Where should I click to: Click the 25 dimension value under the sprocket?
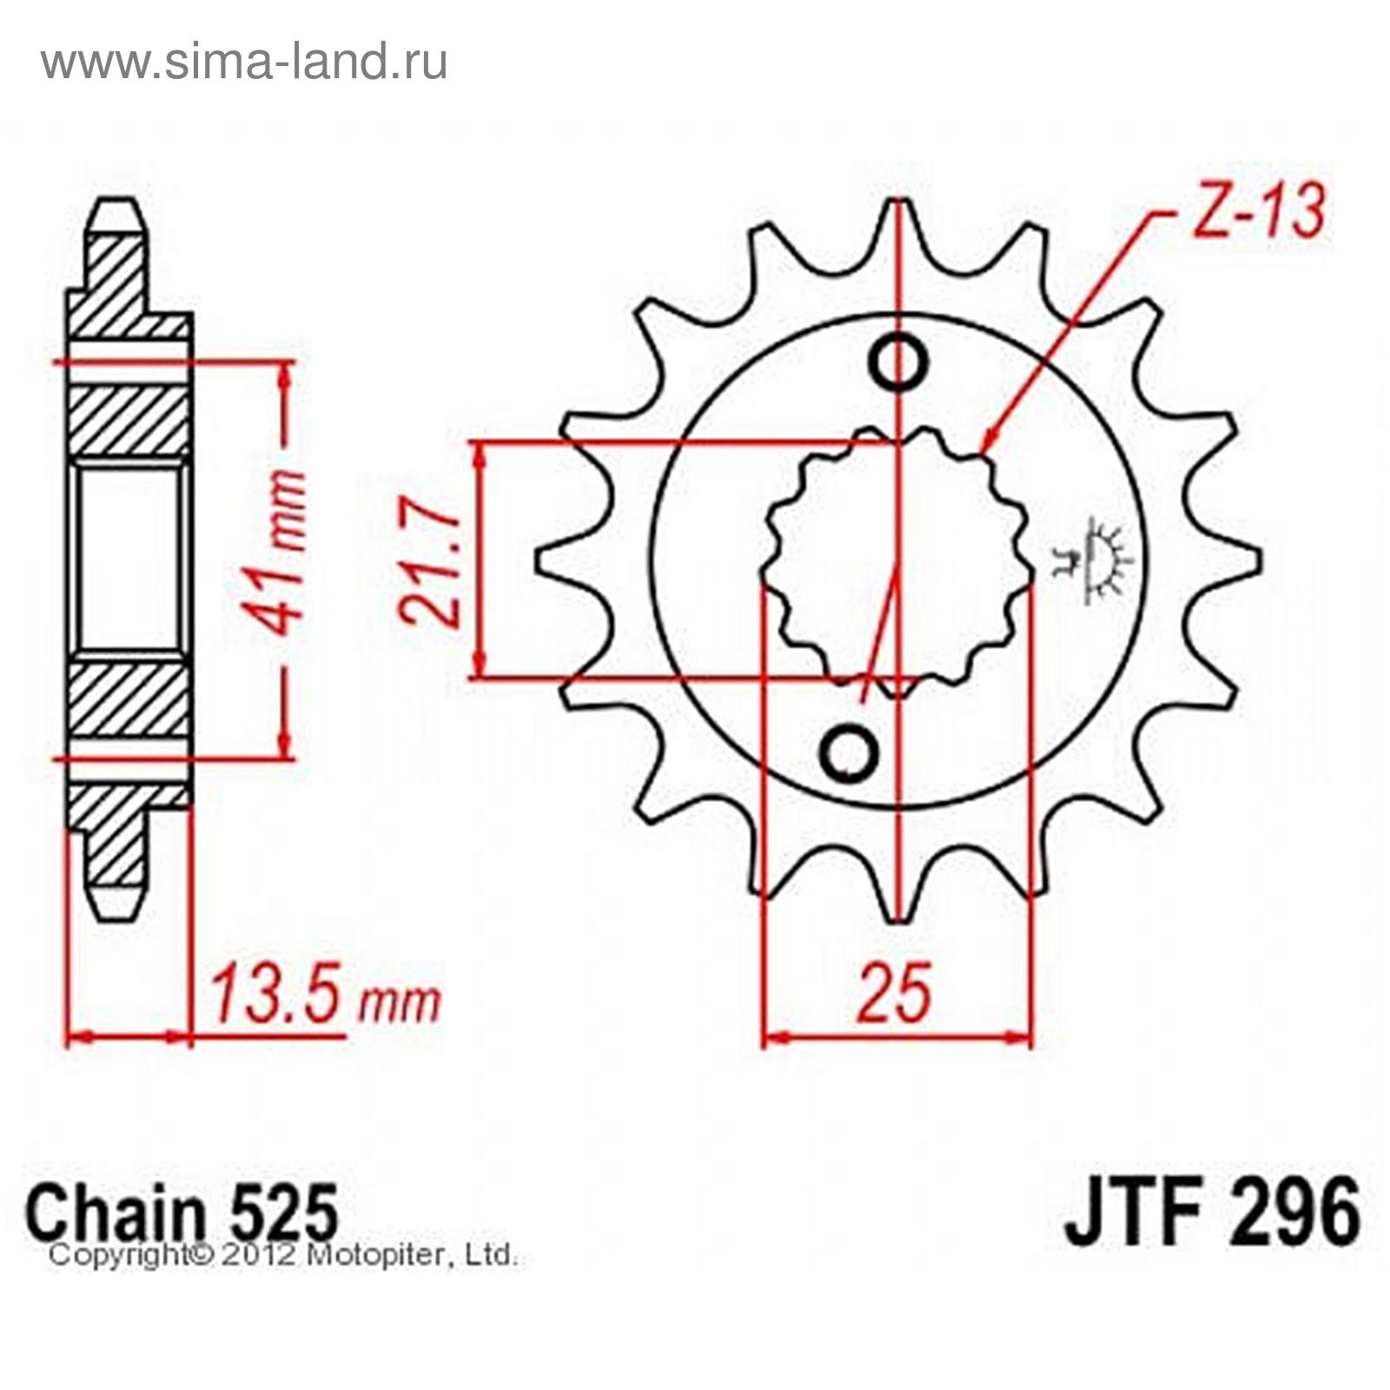pyautogui.click(x=897, y=992)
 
